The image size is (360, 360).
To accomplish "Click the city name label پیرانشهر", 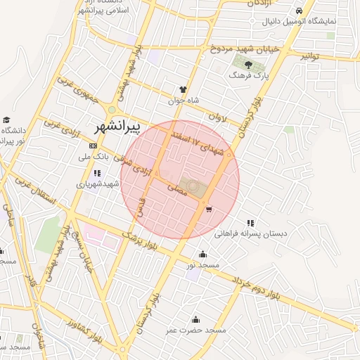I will tap(117, 127).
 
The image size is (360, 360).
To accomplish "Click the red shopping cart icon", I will tap(208, 209).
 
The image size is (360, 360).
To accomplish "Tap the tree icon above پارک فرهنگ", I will tap(251, 65).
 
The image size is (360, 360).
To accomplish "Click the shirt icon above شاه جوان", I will tap(183, 90).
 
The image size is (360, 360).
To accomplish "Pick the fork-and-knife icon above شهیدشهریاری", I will tap(96, 173).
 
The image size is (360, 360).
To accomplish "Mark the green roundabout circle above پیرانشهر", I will tap(112, 110).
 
